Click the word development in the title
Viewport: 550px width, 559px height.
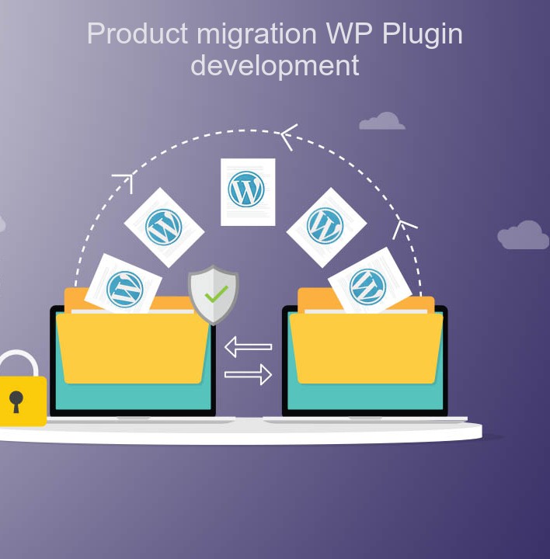pyautogui.click(x=275, y=65)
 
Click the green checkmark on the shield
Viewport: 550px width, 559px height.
pyautogui.click(x=216, y=293)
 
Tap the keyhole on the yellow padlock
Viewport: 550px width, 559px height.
pyautogui.click(x=16, y=401)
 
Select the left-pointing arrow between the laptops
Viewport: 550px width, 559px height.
pyautogui.click(x=248, y=346)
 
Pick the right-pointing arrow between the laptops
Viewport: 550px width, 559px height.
pyautogui.click(x=248, y=375)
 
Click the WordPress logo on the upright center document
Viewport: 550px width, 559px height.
pyautogui.click(x=247, y=189)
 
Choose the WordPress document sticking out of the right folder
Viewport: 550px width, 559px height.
pyautogui.click(x=368, y=284)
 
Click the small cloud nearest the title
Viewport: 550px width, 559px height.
pyautogui.click(x=382, y=121)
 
